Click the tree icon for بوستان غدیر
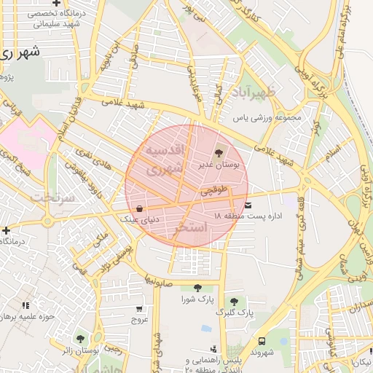tap(219, 152)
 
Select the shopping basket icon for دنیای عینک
tap(140, 208)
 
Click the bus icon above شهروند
tap(262, 340)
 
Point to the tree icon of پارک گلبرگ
tap(234, 301)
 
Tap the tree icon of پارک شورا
tap(197, 288)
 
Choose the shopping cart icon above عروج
tap(139, 307)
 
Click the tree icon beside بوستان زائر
tap(80, 339)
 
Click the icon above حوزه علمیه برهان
tap(26, 305)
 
